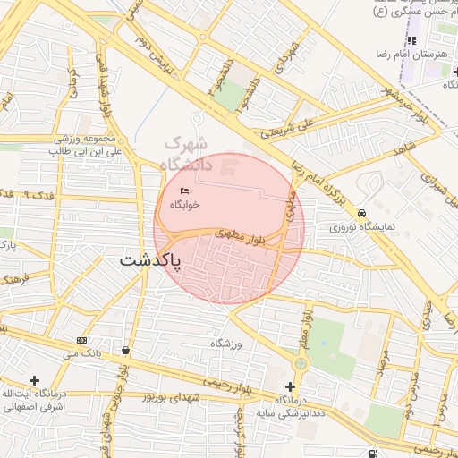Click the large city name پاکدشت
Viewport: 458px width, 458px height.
(151, 261)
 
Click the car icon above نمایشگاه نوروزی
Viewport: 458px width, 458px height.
(361, 214)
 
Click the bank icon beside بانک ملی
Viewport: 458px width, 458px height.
(82, 340)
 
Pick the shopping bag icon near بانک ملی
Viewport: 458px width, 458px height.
(124, 350)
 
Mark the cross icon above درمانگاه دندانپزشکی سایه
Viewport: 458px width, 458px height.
(291, 385)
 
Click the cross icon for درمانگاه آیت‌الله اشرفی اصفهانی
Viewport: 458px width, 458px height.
(35, 381)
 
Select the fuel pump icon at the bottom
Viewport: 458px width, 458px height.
(371, 454)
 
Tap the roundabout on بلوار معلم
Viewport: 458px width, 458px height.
(301, 364)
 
